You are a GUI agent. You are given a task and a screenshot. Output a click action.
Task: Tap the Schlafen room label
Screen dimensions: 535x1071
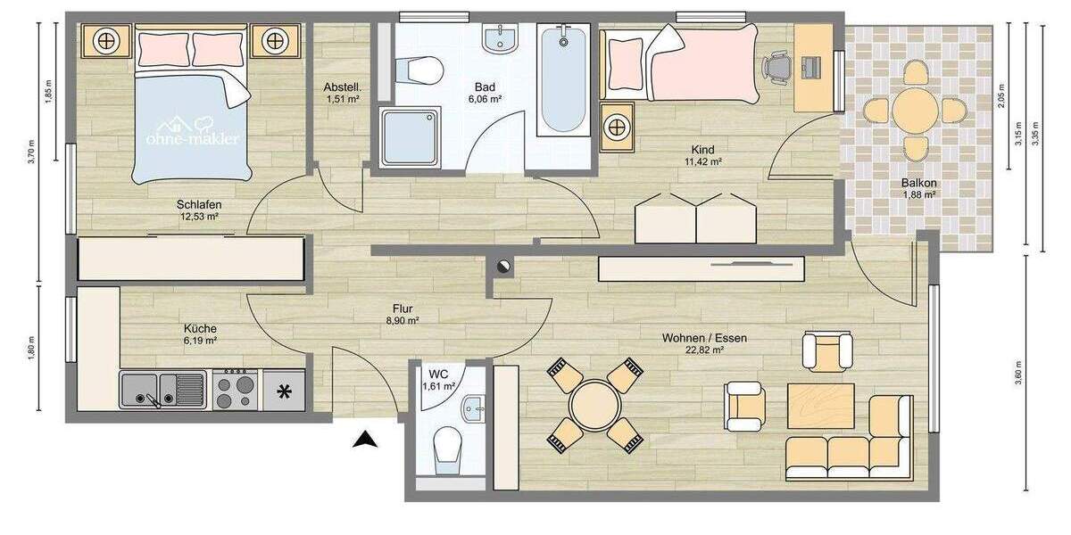point(199,204)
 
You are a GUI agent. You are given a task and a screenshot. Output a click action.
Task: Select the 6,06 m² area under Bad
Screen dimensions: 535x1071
point(485,100)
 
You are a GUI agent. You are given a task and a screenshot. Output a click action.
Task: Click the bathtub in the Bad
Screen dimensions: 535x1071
point(562,80)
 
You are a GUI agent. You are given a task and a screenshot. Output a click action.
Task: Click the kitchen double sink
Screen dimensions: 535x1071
point(162,390)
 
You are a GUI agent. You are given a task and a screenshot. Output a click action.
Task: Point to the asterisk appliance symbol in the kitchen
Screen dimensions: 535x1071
point(285,391)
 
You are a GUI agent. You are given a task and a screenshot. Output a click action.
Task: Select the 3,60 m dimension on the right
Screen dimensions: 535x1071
point(1018,374)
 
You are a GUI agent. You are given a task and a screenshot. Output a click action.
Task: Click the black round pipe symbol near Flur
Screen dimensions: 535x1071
point(503,264)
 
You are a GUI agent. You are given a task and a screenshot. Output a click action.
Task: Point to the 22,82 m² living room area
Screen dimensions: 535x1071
point(704,350)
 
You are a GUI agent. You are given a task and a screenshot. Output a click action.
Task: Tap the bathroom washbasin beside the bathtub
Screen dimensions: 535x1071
point(500,39)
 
